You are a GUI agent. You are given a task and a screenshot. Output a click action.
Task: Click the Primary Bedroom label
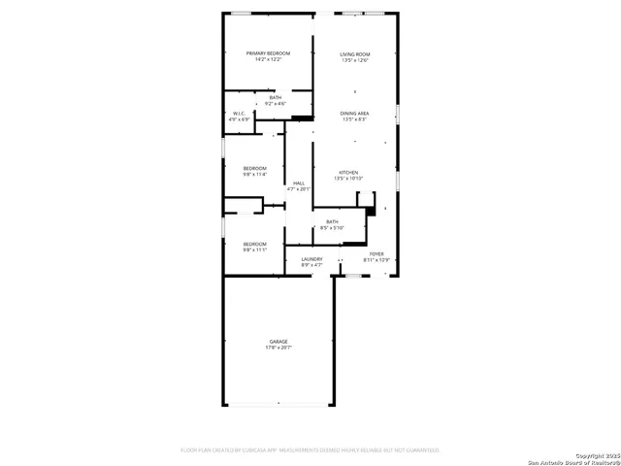269,53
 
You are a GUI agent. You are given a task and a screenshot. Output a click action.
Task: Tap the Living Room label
354,53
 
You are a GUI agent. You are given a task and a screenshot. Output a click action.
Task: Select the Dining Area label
354,114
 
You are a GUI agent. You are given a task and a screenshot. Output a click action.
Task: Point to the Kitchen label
346,173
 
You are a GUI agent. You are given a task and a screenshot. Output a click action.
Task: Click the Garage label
279,342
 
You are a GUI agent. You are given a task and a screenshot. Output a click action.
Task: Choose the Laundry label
311,258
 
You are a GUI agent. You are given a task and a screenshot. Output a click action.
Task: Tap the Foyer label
376,254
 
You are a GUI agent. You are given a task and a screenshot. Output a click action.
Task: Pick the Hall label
299,183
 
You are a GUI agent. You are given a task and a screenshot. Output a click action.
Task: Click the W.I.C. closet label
239,114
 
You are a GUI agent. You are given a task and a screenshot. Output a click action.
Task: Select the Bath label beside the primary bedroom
276,97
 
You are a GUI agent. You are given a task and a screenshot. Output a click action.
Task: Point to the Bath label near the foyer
332,221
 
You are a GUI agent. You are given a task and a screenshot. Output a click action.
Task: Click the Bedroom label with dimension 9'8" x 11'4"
254,169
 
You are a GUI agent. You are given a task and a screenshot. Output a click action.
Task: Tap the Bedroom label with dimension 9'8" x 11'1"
254,244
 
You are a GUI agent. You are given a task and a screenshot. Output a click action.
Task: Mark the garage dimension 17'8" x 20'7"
279,348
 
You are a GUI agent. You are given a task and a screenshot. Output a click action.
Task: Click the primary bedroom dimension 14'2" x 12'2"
269,60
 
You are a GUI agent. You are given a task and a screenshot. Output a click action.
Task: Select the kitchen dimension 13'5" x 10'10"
346,179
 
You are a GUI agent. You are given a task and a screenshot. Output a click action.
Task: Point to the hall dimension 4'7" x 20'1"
299,189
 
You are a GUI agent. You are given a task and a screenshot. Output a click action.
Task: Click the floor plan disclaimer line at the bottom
310,450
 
